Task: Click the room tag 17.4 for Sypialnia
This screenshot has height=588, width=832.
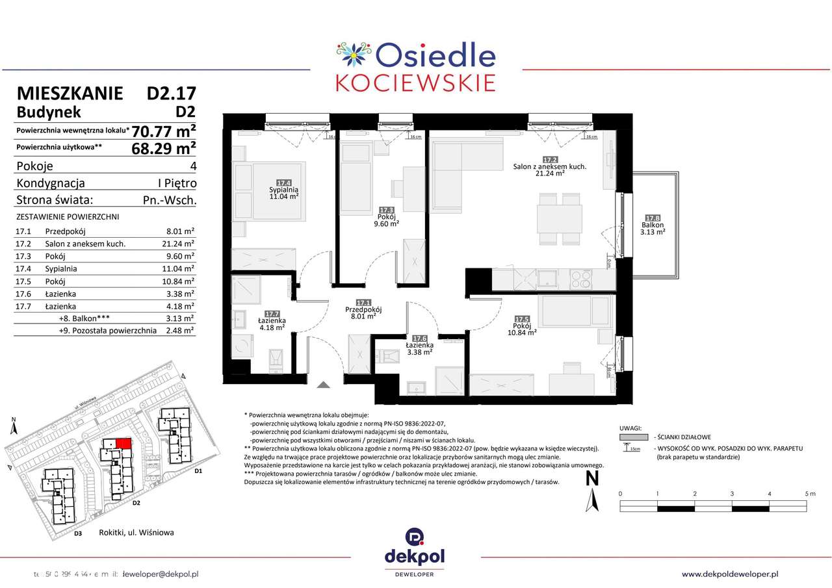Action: [x=283, y=183]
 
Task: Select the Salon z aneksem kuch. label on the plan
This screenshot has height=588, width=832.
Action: [x=550, y=166]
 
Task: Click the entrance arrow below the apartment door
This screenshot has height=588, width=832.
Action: [x=323, y=385]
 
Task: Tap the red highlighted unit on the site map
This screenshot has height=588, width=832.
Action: [x=123, y=442]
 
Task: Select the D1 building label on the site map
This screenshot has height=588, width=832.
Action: [x=199, y=470]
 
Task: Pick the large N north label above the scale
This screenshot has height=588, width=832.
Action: [x=592, y=479]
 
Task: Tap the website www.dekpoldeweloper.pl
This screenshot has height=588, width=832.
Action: [x=730, y=574]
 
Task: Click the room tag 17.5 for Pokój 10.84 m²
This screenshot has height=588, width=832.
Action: [x=521, y=320]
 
